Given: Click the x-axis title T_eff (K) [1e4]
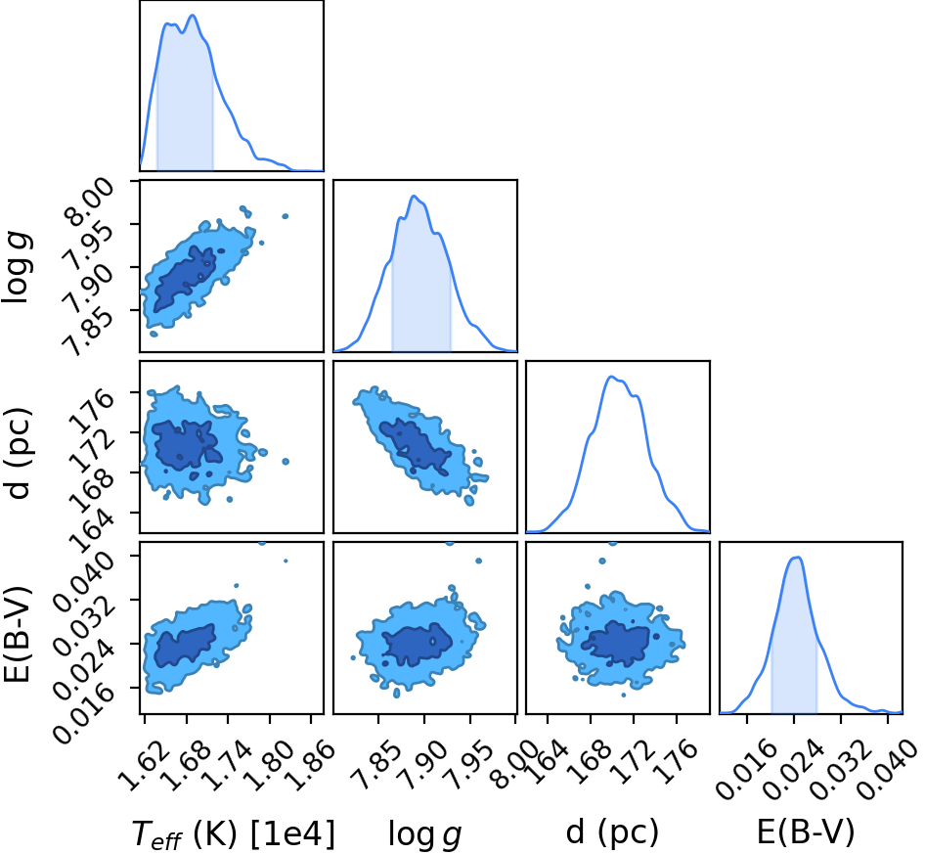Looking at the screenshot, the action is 233,833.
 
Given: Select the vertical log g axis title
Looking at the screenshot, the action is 18,268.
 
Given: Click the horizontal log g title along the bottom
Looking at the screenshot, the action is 424,834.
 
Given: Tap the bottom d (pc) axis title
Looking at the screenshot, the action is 611,832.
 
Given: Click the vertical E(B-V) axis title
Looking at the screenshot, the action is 18,635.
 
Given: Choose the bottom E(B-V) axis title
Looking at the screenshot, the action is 805,832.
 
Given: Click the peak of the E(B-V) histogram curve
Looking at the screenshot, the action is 796,558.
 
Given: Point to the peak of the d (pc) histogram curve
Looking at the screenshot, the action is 612,377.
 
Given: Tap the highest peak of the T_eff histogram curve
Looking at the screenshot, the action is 193,16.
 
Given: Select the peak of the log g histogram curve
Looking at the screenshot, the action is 415,196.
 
